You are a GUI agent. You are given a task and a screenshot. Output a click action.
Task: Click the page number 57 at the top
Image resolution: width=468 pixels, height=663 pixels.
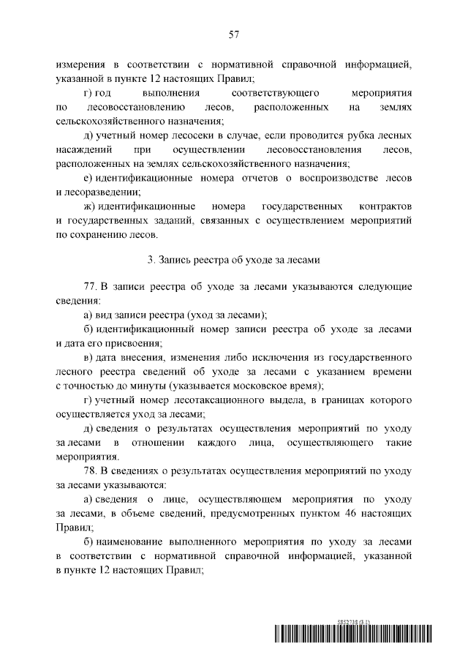(x=234, y=34)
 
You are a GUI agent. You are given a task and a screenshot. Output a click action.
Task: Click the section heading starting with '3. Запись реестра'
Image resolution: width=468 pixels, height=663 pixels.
(x=234, y=260)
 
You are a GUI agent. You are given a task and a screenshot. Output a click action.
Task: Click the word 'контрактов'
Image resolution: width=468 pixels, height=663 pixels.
(x=387, y=206)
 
